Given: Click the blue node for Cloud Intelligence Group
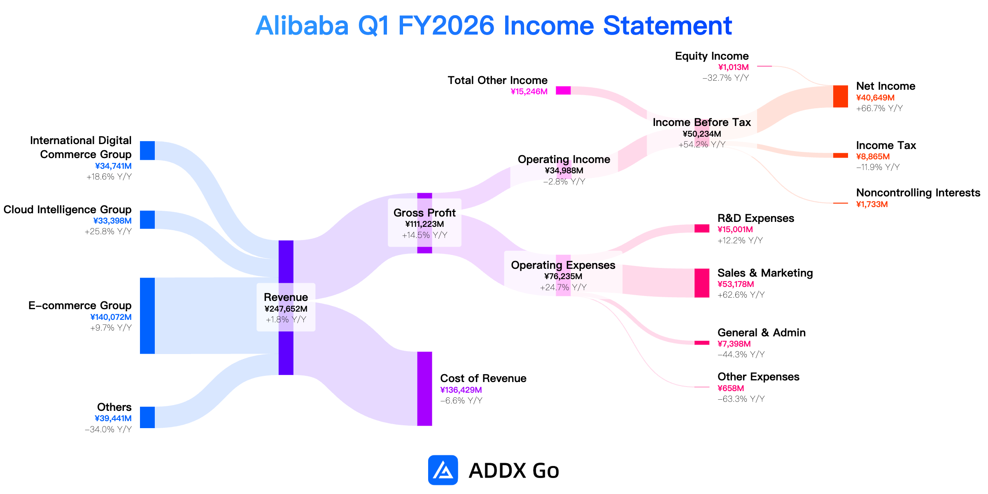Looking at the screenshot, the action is pos(147,220).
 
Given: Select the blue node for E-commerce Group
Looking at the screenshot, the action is pos(147,316).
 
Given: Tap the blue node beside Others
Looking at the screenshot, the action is pos(147,417).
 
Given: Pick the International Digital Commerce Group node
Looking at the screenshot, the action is pos(147,151).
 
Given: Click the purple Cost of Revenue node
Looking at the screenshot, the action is pos(424,389).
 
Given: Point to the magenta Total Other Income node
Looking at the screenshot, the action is pos(563,91).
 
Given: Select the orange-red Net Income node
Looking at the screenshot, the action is pos(841,96).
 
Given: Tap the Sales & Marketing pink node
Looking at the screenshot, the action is pos(702,283).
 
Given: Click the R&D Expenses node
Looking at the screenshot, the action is pos(702,228).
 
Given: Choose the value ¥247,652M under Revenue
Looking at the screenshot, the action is pos(286,309).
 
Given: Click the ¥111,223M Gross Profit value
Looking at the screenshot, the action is pos(424,224).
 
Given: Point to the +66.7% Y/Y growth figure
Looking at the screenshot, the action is pos(879,108).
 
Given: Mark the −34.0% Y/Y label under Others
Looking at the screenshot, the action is pos(108,429).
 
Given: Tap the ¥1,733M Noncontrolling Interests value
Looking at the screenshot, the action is pos(872,204).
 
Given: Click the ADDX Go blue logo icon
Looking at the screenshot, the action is pos(443,470).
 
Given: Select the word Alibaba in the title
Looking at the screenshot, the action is pos(302,26).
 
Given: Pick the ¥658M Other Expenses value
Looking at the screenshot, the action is pos(731,388).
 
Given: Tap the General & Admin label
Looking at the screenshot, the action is pos(762,333).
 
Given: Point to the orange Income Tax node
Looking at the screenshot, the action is pos(841,156).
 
